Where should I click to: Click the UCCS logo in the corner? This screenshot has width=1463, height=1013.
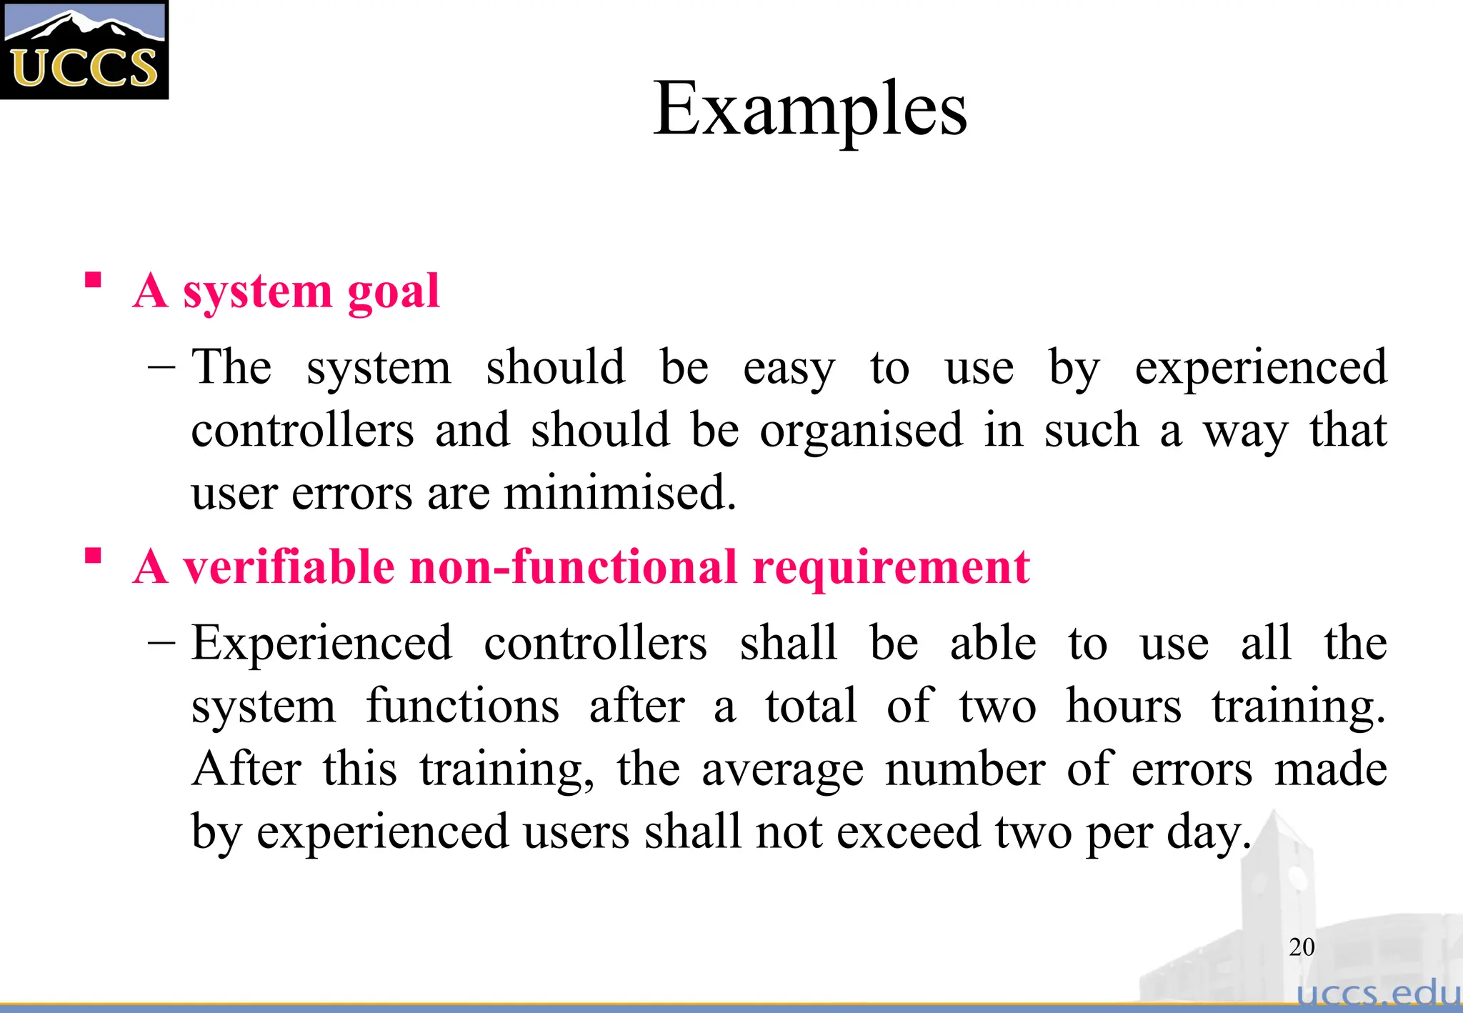point(84,49)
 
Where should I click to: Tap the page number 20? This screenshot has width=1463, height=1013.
point(1302,947)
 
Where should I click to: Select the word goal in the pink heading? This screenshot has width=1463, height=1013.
point(393,291)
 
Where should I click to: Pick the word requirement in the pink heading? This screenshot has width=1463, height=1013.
point(891,568)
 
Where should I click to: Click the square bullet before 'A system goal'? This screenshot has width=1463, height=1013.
point(93,279)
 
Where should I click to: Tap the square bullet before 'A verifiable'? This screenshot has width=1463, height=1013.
point(93,555)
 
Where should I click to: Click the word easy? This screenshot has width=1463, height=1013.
point(788,369)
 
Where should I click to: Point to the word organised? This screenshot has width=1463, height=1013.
point(861,431)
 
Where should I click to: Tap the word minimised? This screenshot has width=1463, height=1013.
point(619,493)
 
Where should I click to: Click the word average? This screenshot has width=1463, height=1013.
point(782,770)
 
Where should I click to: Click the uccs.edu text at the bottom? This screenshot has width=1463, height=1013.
point(1377,992)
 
